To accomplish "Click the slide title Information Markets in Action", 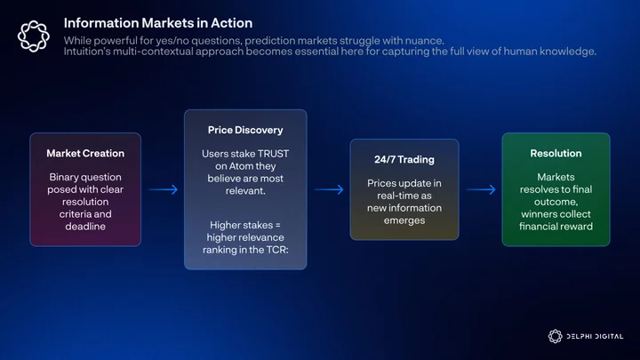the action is tap(158, 23).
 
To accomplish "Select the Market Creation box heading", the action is tap(85, 154).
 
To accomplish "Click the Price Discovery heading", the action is tap(245, 130).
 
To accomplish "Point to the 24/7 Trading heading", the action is tap(404, 160).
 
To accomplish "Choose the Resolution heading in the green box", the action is tap(556, 154).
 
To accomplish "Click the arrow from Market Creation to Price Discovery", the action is tap(164, 189).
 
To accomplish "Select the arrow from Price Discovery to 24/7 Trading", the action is tap(329, 189).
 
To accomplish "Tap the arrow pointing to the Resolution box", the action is tap(481, 189).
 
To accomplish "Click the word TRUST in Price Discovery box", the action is tap(273, 154).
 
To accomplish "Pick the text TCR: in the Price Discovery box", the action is tap(277, 250).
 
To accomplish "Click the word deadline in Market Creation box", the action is tap(85, 227).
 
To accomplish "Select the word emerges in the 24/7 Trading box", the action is tap(404, 220).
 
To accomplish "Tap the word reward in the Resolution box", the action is tap(577, 227).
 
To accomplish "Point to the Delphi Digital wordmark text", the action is tap(595, 337).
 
